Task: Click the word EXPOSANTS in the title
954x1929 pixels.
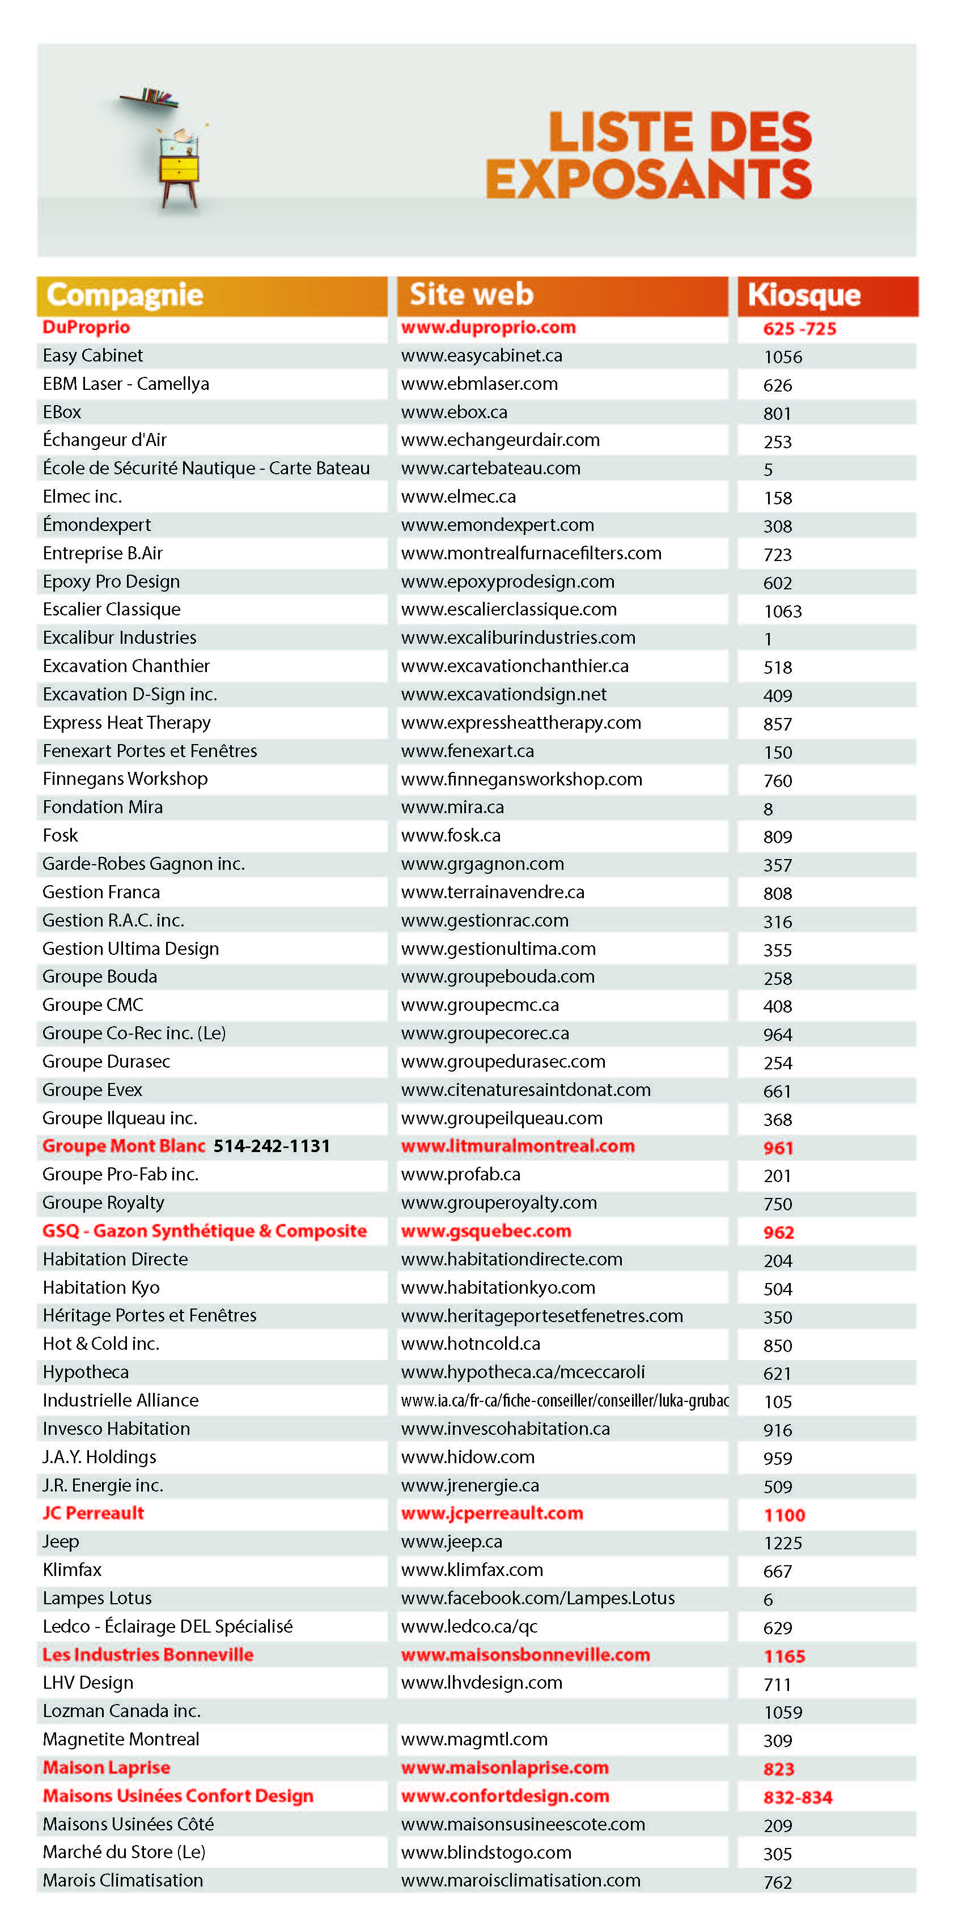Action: (x=648, y=179)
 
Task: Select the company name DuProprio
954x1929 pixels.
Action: (x=86, y=327)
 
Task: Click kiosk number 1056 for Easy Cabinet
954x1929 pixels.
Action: (x=782, y=357)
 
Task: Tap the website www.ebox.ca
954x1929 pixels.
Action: (x=454, y=412)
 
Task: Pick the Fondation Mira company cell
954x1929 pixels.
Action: (x=103, y=807)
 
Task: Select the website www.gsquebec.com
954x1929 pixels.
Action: (x=486, y=1231)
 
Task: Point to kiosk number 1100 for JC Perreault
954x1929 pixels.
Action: (x=784, y=1515)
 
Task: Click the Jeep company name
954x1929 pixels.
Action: (x=61, y=1542)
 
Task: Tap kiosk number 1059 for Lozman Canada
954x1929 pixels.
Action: (x=782, y=1713)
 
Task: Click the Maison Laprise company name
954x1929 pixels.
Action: (x=107, y=1767)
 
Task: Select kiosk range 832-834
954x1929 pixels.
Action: (x=798, y=1797)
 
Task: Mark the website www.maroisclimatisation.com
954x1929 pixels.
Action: (x=520, y=1880)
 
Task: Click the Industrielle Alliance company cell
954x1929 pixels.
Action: (x=121, y=1400)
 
